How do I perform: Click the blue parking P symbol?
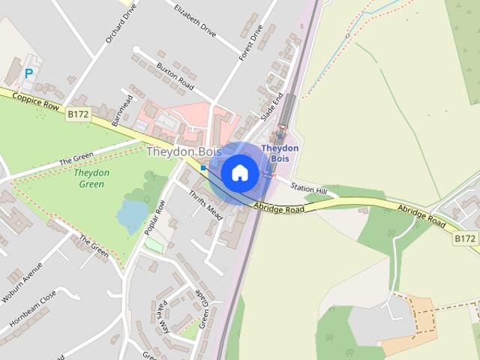pos(29,73)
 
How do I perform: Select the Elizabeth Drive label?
pos(194,20)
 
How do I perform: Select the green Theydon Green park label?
pos(93,178)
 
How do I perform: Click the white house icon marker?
pos(239,173)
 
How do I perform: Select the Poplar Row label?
pos(156,217)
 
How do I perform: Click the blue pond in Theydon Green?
pos(132,215)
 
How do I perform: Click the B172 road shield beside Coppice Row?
pos(77,114)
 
